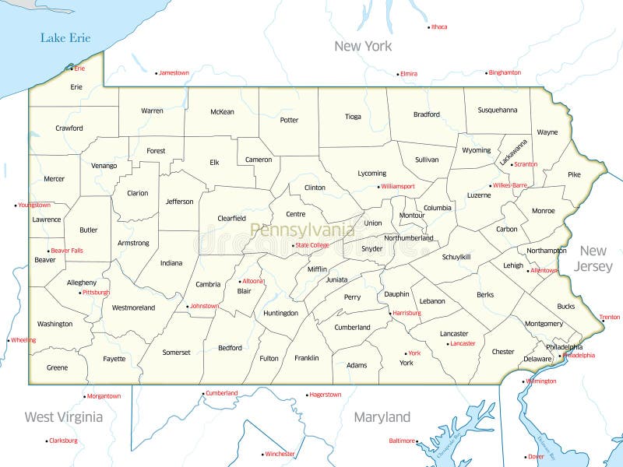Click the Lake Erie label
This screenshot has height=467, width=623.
click(x=65, y=37)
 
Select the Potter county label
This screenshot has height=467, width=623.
click(x=289, y=120)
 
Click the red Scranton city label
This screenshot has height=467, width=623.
click(x=526, y=164)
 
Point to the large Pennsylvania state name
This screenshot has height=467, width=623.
click(x=302, y=230)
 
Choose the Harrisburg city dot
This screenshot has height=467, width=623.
click(x=390, y=313)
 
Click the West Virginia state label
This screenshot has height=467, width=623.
click(x=63, y=417)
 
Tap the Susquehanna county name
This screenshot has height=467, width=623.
click(x=498, y=111)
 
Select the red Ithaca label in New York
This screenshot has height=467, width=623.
click(x=439, y=27)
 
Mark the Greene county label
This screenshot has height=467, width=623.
click(x=57, y=367)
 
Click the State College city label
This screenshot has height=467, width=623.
click(x=312, y=245)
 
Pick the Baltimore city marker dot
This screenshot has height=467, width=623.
click(x=419, y=441)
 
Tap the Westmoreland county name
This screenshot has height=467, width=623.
click(x=133, y=307)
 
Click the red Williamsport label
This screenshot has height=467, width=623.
click(x=398, y=187)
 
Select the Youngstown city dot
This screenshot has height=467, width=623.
click(x=16, y=205)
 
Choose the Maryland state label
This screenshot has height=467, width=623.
click(x=382, y=417)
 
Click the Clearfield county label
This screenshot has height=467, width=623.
click(x=231, y=219)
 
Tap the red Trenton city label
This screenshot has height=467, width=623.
click(x=610, y=318)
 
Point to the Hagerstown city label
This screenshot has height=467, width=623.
click(x=326, y=395)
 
